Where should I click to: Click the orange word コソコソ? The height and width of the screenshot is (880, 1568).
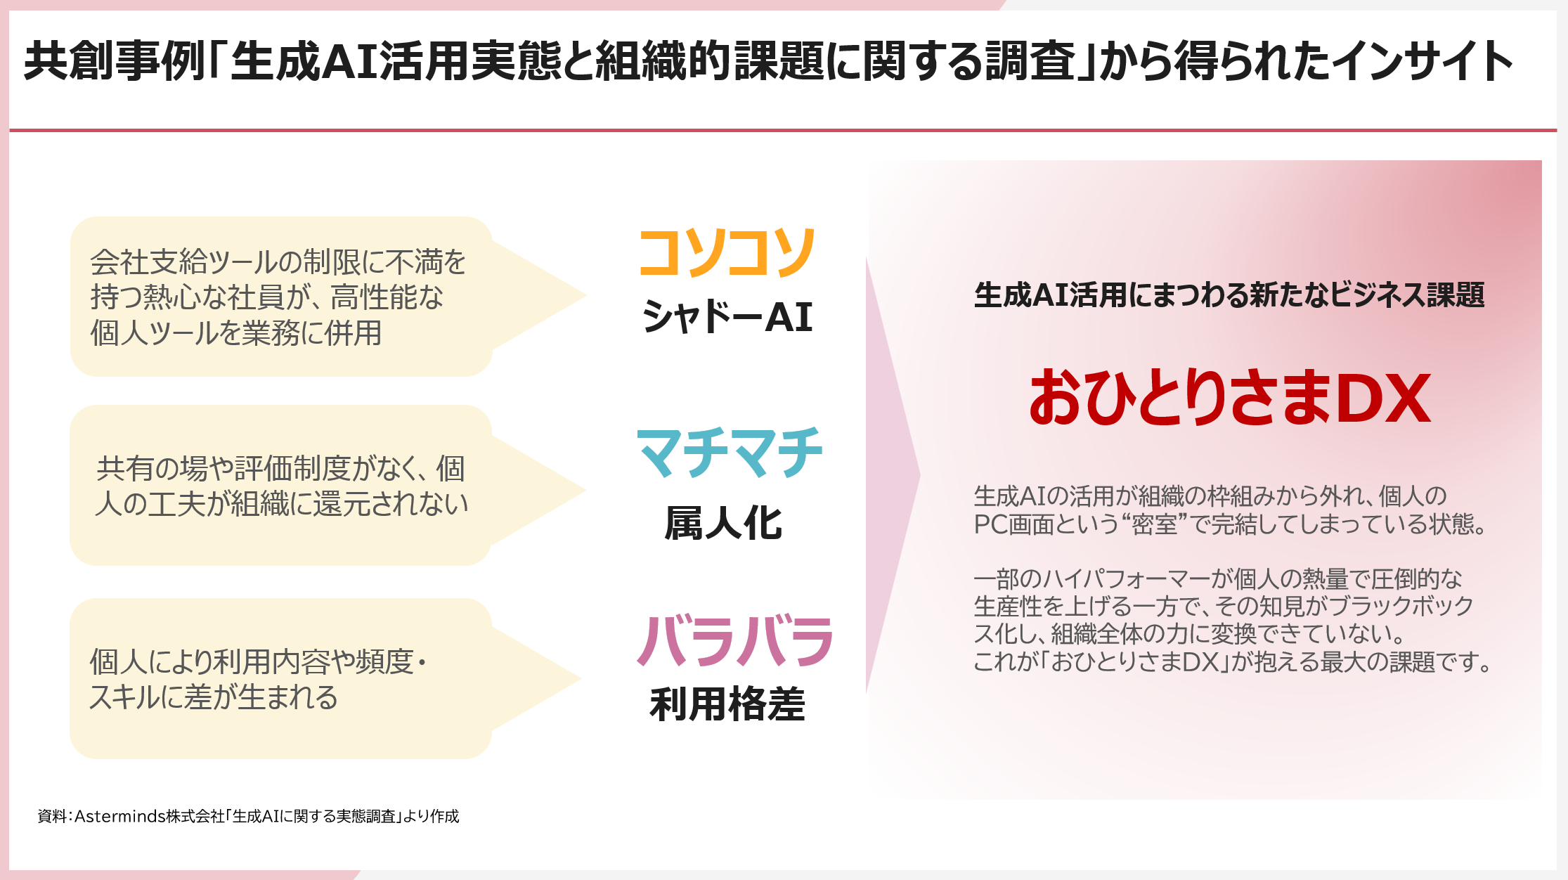click(727, 253)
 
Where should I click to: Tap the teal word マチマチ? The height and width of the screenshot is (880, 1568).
click(729, 453)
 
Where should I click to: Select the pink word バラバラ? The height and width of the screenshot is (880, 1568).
click(734, 641)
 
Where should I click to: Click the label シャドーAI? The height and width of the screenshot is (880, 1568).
click(727, 317)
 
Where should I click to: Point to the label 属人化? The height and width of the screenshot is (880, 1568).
click(723, 524)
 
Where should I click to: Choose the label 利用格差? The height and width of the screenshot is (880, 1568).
click(727, 705)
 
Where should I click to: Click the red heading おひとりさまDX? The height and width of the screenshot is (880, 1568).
click(1230, 399)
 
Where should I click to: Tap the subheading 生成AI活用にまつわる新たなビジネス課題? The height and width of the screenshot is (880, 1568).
click(1229, 295)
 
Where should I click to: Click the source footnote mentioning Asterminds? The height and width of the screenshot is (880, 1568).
click(248, 816)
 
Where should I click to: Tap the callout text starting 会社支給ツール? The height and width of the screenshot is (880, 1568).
click(278, 297)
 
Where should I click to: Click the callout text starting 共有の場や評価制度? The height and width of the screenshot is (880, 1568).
click(281, 486)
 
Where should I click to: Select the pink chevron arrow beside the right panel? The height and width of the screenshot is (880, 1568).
click(892, 474)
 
